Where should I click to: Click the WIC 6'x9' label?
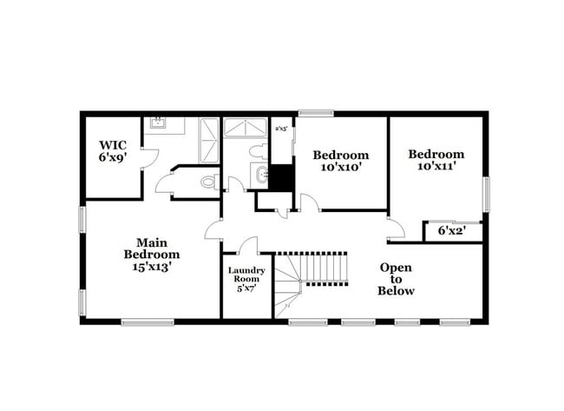pyautogui.click(x=113, y=152)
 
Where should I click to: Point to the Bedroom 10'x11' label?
pyautogui.click(x=436, y=160)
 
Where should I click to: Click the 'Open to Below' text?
pyautogui.click(x=396, y=279)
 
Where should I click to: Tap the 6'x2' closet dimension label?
pyautogui.click(x=452, y=231)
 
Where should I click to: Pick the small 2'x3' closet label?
pyautogui.click(x=281, y=129)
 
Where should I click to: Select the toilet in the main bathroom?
pyautogui.click(x=207, y=182)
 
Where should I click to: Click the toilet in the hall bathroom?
pyautogui.click(x=258, y=152)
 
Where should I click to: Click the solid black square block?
pyautogui.click(x=281, y=177)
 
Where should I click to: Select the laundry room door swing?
pyautogui.click(x=248, y=246)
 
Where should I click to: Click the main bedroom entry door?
pyautogui.click(x=213, y=230)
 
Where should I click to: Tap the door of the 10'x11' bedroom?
pyautogui.click(x=395, y=229)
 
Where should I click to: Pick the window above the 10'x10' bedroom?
pyautogui.click(x=316, y=112)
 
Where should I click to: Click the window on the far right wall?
pyautogui.click(x=486, y=194)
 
